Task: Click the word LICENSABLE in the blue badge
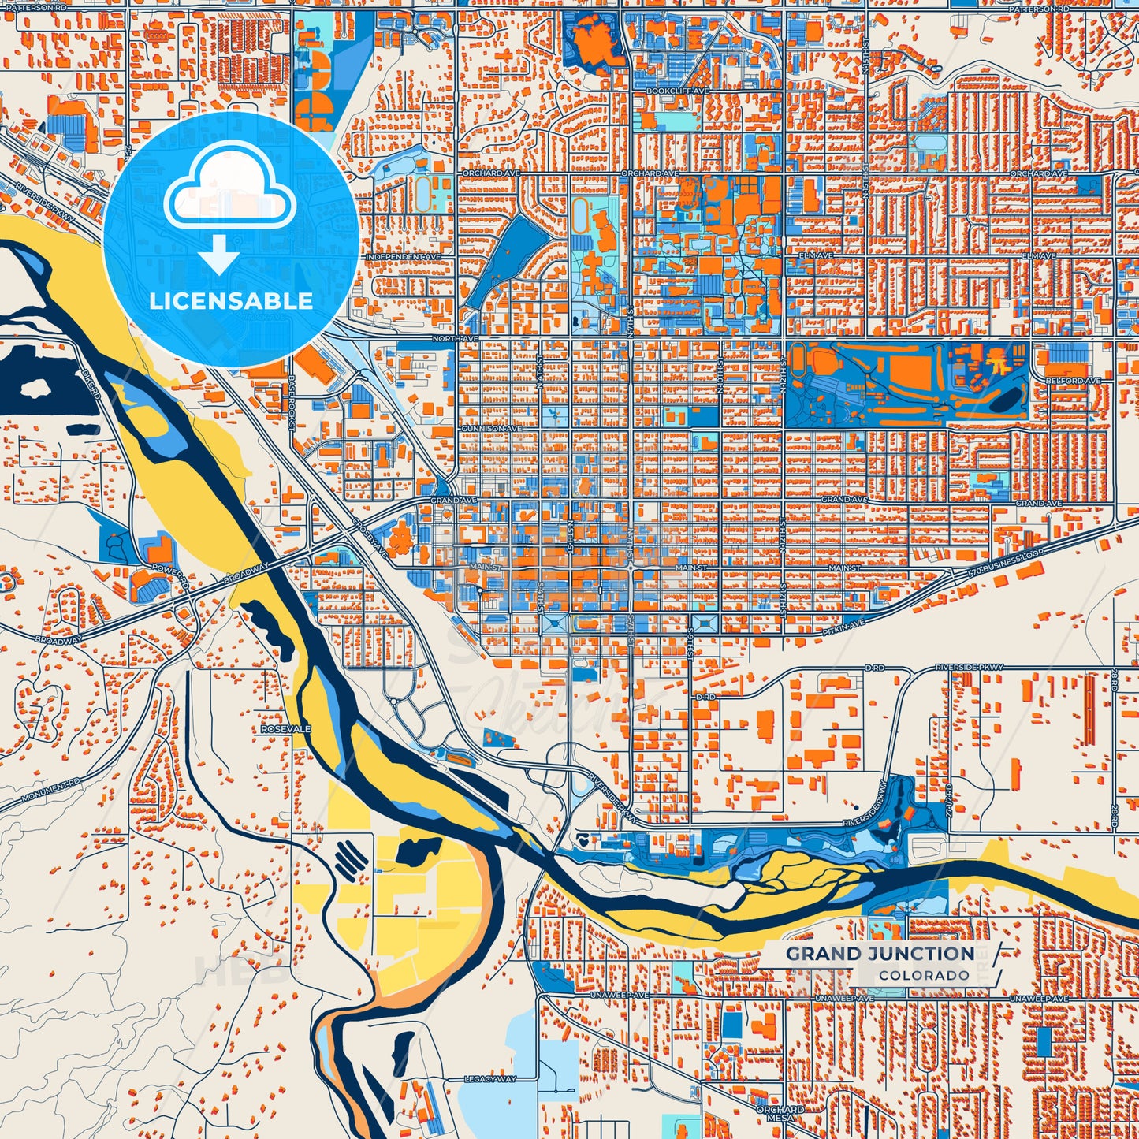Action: tap(231, 300)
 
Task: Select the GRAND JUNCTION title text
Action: tap(880, 954)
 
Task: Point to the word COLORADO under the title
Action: tap(924, 976)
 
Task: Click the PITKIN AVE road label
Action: tap(846, 623)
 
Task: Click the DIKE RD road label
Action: tap(93, 383)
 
